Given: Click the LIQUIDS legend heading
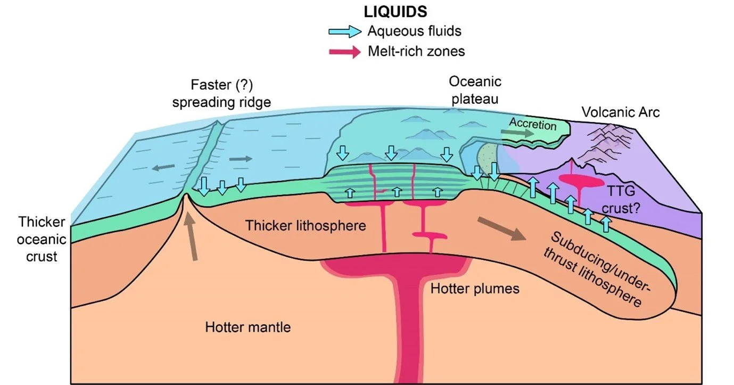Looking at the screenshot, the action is pyautogui.click(x=395, y=12).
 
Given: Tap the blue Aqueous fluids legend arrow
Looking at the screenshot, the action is pyautogui.click(x=345, y=31).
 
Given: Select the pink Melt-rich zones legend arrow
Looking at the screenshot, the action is pyautogui.click(x=345, y=52).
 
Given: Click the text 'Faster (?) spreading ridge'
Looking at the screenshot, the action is pyautogui.click(x=221, y=94).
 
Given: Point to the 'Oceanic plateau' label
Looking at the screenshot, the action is pyautogui.click(x=475, y=90).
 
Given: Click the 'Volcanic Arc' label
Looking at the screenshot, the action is pyautogui.click(x=620, y=112).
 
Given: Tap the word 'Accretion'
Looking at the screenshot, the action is pyautogui.click(x=533, y=124).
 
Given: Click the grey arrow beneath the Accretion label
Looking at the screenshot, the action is pyautogui.click(x=517, y=133).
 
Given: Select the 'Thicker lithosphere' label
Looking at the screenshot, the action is pyautogui.click(x=306, y=226).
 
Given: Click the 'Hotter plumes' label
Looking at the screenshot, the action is pyautogui.click(x=475, y=289).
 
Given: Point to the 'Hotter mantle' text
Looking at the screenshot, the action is pyautogui.click(x=248, y=327).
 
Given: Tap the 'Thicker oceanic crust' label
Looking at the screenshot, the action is pyautogui.click(x=42, y=239).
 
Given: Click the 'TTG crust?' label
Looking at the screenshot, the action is pyautogui.click(x=621, y=199).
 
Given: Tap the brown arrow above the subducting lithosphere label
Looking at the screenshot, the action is pyautogui.click(x=502, y=229).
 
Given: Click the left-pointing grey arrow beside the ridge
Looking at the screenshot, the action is pyautogui.click(x=163, y=167).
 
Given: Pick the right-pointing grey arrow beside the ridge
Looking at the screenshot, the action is pyautogui.click(x=241, y=159).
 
